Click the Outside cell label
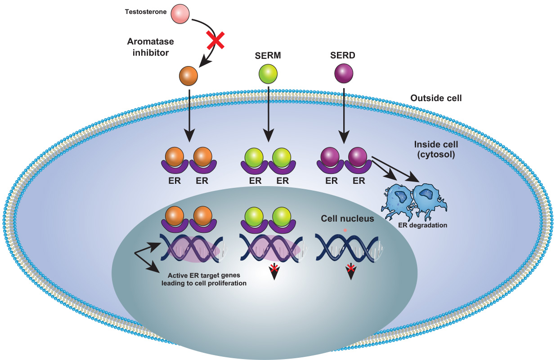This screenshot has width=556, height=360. coord(436,98)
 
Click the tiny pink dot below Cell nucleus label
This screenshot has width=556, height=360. coord(345,230)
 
